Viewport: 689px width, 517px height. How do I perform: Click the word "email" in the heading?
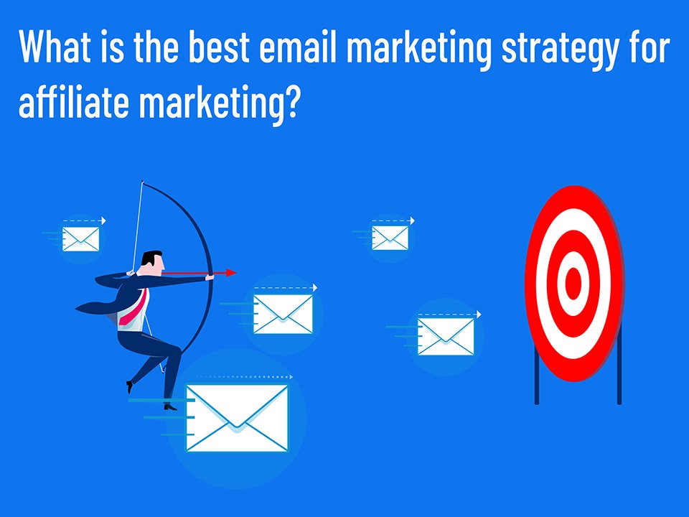coord(297,46)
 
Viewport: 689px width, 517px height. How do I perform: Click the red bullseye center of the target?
coord(573,284)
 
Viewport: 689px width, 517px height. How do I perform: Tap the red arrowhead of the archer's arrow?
coord(231,273)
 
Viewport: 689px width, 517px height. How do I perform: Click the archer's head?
coord(152,264)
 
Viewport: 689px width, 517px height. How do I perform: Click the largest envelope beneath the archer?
coord(237,418)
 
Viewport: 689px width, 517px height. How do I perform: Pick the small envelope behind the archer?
coord(81,239)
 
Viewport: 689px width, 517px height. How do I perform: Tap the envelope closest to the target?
coord(446,337)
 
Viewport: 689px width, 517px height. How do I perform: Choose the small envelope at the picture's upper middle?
coord(390,238)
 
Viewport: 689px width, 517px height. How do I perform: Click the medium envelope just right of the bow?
coord(283,314)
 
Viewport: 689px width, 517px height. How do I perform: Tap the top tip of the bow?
coord(142,182)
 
